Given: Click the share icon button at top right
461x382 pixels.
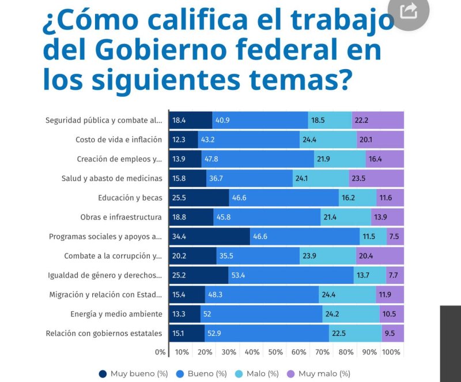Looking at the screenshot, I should (409, 11).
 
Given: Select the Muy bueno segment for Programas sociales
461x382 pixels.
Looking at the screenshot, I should (210, 236).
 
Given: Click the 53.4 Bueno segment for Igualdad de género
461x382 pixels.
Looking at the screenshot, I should (291, 275).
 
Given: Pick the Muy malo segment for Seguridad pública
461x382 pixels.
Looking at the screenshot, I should (378, 120).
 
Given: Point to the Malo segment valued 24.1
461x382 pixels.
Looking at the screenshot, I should (321, 178).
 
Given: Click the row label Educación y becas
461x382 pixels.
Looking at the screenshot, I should (130, 198).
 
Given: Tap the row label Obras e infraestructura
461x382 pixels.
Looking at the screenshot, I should (122, 217).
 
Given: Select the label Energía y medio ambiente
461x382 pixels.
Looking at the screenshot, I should (116, 313).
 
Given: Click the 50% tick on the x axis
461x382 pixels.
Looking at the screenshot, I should (275, 352).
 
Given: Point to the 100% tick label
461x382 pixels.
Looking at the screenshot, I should (391, 352).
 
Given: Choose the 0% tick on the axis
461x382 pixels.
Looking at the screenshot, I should (160, 352).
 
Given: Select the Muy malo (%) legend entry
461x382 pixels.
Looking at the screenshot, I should (319, 373).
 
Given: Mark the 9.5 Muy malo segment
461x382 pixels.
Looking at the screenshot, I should (393, 333).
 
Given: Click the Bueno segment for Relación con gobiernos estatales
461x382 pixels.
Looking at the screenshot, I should (267, 333).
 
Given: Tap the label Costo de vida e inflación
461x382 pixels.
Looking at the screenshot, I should (119, 139).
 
